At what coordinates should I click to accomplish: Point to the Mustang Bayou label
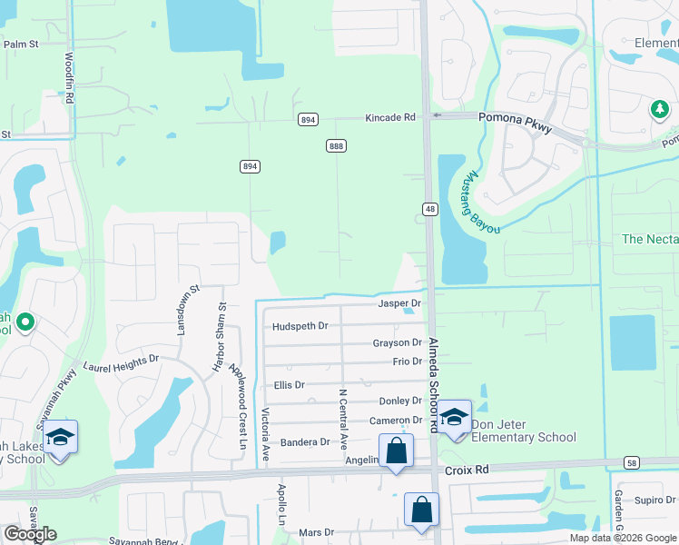(482, 202)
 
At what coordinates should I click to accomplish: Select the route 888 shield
(337, 146)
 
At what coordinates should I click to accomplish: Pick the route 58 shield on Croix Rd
(631, 463)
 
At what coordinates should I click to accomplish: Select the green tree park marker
(659, 110)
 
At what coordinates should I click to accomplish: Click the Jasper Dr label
(400, 303)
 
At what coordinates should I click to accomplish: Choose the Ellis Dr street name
(289, 385)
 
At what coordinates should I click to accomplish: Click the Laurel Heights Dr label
(121, 363)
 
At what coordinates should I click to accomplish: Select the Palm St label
(21, 44)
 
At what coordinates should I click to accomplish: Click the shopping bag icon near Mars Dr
(422, 510)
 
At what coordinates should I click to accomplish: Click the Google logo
(30, 535)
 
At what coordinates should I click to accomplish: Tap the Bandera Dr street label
(305, 442)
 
